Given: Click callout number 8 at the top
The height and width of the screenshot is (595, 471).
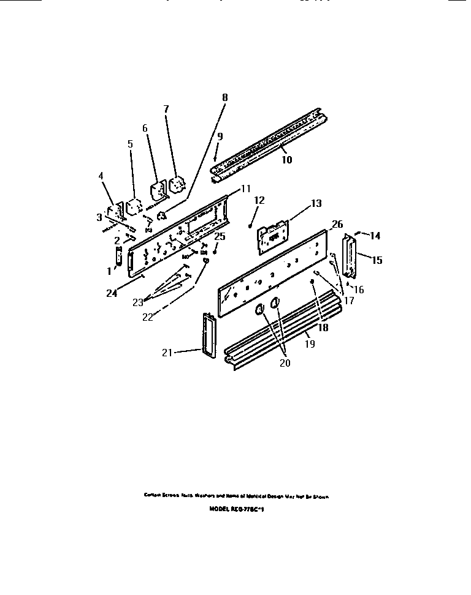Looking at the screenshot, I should point(224,97).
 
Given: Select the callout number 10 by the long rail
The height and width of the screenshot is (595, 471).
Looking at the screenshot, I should point(286,160).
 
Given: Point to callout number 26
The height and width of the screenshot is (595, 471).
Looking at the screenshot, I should point(337,224).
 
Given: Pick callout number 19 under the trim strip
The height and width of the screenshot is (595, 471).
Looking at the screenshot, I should point(310,345).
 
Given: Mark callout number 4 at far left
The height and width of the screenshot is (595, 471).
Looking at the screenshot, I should point(101,176).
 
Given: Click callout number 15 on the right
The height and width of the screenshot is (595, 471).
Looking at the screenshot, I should point(377,260).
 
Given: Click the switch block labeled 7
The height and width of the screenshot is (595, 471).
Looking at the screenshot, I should point(178,183).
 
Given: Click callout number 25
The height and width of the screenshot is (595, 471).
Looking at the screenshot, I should point(220,236).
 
